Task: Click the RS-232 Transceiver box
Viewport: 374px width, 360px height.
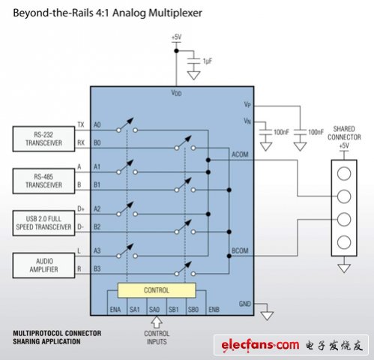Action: [43, 139]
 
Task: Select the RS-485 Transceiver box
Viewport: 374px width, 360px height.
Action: [43, 181]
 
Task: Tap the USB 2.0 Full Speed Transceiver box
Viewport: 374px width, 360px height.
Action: [43, 223]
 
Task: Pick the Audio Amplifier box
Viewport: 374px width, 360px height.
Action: [43, 265]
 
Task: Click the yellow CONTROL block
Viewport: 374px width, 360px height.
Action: [157, 290]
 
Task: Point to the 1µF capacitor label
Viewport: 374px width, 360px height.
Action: [208, 61]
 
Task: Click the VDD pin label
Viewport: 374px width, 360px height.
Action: [176, 93]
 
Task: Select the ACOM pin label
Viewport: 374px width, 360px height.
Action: [240, 154]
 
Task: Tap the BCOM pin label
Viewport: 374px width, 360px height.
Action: [240, 250]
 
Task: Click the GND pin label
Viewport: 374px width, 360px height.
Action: [245, 304]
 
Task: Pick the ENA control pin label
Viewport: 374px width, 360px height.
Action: [115, 310]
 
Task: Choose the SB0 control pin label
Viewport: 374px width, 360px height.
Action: [193, 310]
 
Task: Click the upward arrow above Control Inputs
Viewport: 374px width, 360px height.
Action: [157, 322]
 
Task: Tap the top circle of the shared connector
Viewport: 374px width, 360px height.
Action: [344, 173]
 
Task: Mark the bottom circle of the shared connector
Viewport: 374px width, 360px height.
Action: [344, 242]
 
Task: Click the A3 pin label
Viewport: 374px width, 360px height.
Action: [97, 250]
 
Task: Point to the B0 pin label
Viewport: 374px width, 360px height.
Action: [97, 142]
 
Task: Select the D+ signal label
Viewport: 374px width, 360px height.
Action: [81, 208]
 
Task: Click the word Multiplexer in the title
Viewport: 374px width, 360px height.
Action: [175, 13]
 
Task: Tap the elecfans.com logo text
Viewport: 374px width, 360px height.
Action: [260, 345]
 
